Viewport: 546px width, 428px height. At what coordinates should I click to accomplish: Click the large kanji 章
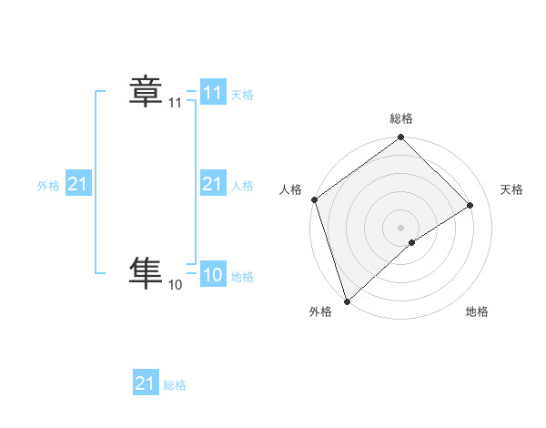(x=146, y=92)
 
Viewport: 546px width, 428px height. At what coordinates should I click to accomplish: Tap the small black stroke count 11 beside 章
(x=175, y=104)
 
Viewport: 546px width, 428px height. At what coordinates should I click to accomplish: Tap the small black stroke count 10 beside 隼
(x=175, y=286)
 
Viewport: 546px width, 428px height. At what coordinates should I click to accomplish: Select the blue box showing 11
(x=212, y=93)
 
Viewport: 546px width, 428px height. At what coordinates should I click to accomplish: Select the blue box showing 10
(x=212, y=275)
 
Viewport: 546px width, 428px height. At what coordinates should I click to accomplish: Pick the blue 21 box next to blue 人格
(x=212, y=184)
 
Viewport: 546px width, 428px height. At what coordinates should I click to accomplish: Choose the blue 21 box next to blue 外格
(x=77, y=184)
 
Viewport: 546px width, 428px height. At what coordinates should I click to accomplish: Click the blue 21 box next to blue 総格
(x=146, y=383)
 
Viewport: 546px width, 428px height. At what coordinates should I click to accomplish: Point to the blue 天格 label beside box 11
(x=242, y=95)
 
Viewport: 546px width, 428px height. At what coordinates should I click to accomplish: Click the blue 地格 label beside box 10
(x=242, y=277)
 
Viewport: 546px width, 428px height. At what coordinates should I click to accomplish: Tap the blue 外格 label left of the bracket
(x=48, y=186)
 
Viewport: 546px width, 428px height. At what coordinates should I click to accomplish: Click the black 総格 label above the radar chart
(x=401, y=118)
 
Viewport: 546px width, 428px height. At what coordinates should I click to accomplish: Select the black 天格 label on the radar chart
(x=512, y=189)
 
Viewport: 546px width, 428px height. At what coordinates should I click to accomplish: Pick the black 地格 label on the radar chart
(x=477, y=312)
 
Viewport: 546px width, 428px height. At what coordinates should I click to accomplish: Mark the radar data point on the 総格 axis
(x=401, y=138)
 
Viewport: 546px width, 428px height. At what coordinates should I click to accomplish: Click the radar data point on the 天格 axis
(x=470, y=205)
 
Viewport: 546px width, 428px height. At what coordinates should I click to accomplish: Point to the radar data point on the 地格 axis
(x=412, y=242)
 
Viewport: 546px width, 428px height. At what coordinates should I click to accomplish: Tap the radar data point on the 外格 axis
(x=347, y=301)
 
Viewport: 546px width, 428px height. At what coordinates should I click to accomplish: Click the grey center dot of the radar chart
(x=401, y=227)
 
